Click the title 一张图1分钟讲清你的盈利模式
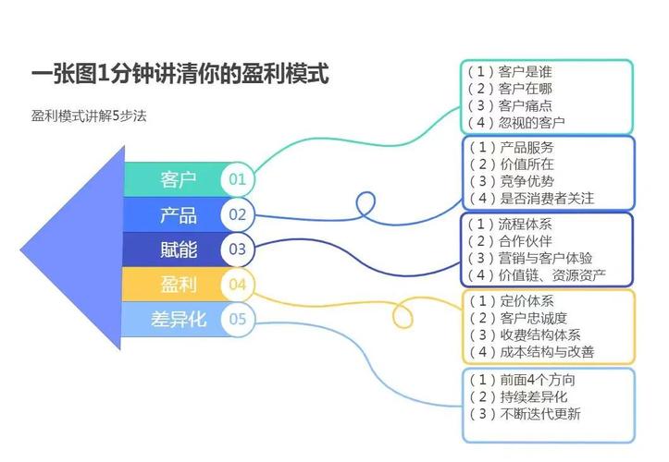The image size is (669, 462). point(180,73)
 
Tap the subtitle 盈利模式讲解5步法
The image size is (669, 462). point(89,116)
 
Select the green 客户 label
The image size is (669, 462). point(178,179)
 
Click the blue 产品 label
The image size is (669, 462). point(178,215)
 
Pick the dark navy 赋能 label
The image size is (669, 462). point(178,249)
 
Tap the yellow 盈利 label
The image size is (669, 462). point(178,284)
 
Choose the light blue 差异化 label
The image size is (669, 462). point(178,319)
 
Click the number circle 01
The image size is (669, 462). point(238,179)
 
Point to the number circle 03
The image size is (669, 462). point(238,249)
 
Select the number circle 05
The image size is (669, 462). point(238,319)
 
